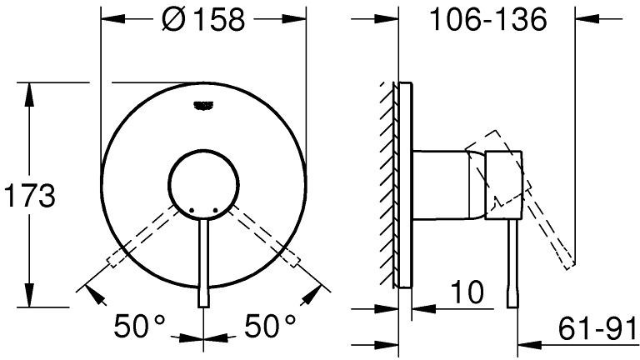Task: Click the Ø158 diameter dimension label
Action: point(203,19)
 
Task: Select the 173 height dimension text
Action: point(29,197)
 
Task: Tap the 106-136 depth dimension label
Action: point(488,19)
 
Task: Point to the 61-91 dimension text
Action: point(597,327)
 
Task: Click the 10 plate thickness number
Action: point(467,292)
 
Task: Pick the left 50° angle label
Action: point(139,326)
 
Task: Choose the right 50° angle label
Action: point(270,326)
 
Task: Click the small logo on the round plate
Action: point(203,106)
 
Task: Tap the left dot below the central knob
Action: point(192,210)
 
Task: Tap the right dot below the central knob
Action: point(216,210)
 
